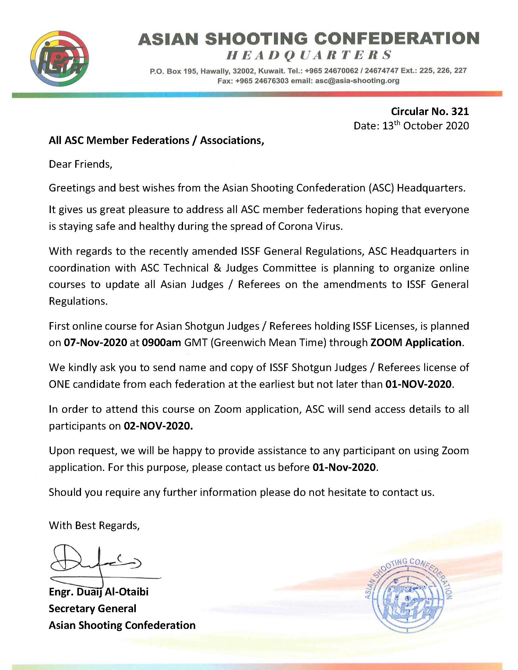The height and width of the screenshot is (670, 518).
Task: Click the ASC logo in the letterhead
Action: pos(60,59)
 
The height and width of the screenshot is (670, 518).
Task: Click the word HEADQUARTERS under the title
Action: pos(308,55)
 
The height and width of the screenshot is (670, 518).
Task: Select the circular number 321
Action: pos(460,111)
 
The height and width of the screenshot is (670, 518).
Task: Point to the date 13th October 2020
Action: pos(411,126)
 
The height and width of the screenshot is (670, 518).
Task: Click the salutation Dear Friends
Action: pos(80,164)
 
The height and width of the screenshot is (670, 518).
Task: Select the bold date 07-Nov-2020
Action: pos(95,342)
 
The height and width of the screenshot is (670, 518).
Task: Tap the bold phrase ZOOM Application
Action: pos(416,342)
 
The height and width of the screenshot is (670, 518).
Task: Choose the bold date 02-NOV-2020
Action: pos(158,426)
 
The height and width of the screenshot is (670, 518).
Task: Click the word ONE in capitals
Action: pos(59,384)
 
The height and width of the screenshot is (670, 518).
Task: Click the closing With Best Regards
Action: pos(94,525)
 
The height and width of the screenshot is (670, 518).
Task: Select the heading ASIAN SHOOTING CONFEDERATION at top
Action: pos(308,39)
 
